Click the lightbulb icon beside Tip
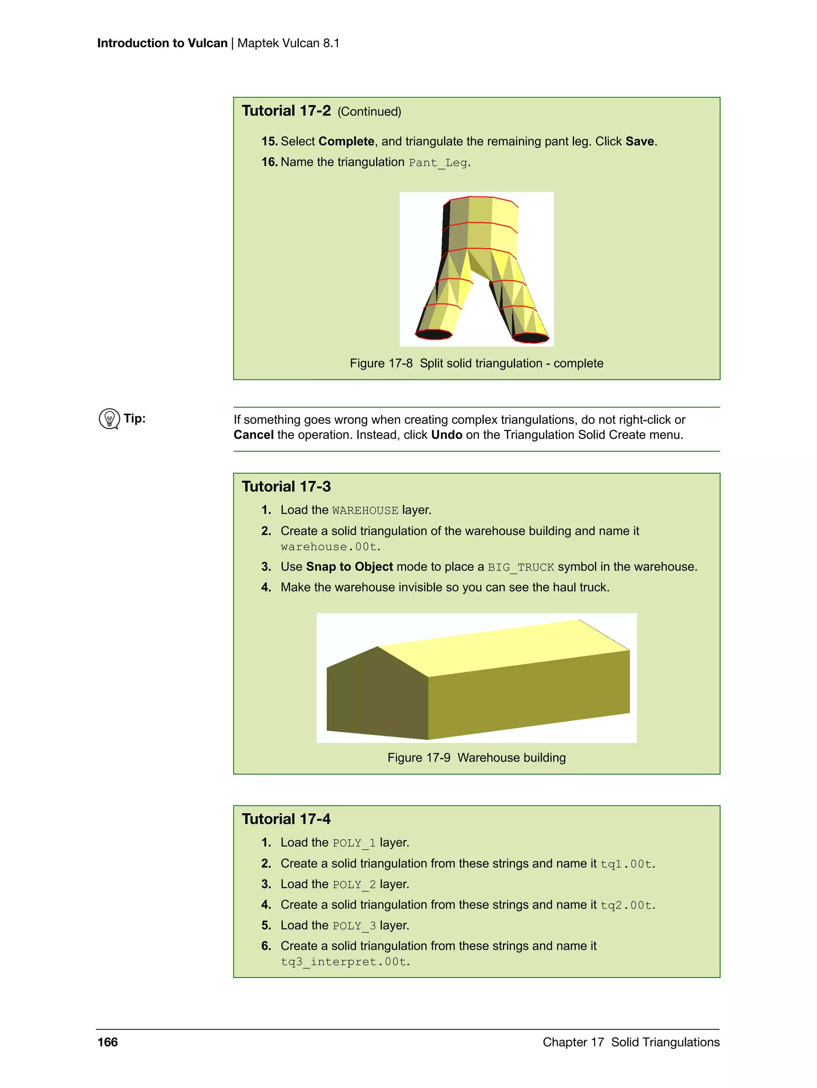pos(109,419)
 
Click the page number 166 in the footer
pos(107,1042)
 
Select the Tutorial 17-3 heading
pos(286,487)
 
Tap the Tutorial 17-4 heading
pos(286,819)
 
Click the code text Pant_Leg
pos(438,163)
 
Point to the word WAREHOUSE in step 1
pos(365,510)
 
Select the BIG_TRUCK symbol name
pos(521,567)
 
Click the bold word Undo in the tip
pos(446,435)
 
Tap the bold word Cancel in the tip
pos(254,435)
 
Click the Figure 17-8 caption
pos(476,364)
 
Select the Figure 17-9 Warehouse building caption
pos(476,758)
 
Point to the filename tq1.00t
pos(627,864)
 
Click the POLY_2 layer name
pos(354,884)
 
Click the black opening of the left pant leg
pos(433,334)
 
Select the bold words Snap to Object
pos(349,567)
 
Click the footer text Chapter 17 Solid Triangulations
pos(631,1042)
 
